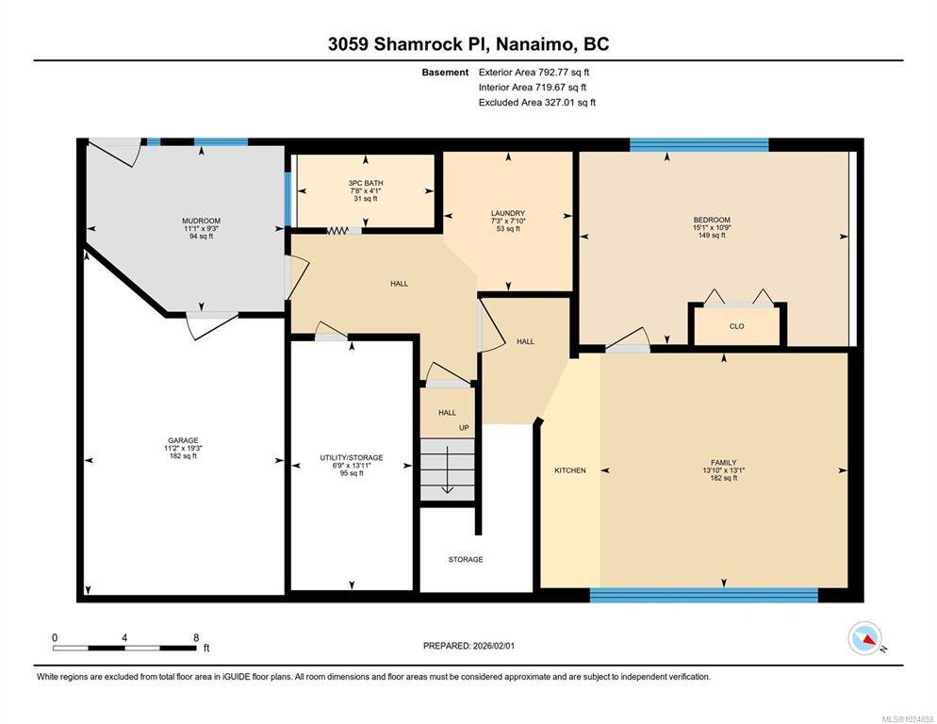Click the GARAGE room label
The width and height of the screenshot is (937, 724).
pos(183,440)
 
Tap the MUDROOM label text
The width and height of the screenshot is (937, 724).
pos(202,221)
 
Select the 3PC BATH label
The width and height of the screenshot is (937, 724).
pos(366,183)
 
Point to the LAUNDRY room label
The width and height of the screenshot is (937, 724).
pos(508,213)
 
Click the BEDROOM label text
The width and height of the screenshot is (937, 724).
pos(712,220)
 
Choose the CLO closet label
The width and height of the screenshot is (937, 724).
pos(737,326)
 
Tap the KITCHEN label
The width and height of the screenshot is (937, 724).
pos(570,470)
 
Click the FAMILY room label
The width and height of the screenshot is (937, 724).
pos(724,462)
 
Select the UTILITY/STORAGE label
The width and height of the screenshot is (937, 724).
pos(352,458)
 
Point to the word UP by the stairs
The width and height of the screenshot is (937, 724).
pos(464,427)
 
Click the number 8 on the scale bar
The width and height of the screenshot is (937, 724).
pos(196,638)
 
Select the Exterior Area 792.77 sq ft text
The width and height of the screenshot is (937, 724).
pos(534,73)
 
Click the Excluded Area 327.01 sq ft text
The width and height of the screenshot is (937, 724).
pos(537,102)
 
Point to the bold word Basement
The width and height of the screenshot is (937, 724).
pos(445,73)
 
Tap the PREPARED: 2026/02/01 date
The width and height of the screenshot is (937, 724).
pos(468,646)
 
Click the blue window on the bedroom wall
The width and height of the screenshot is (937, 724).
pos(699,144)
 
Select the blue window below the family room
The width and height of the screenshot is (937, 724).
pos(704,595)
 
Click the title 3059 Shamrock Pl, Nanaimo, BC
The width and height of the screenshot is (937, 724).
pos(468,43)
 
